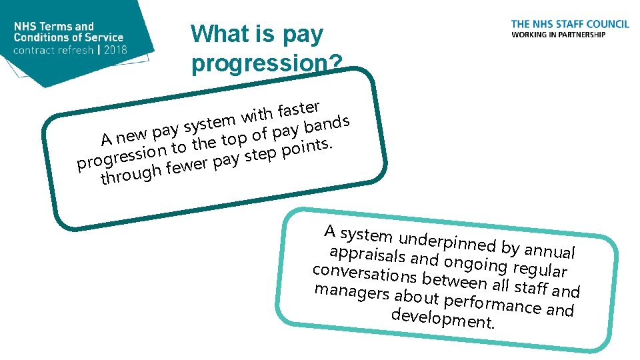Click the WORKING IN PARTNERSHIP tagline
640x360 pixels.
558,35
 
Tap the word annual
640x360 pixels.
549,251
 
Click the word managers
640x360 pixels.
352,293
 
